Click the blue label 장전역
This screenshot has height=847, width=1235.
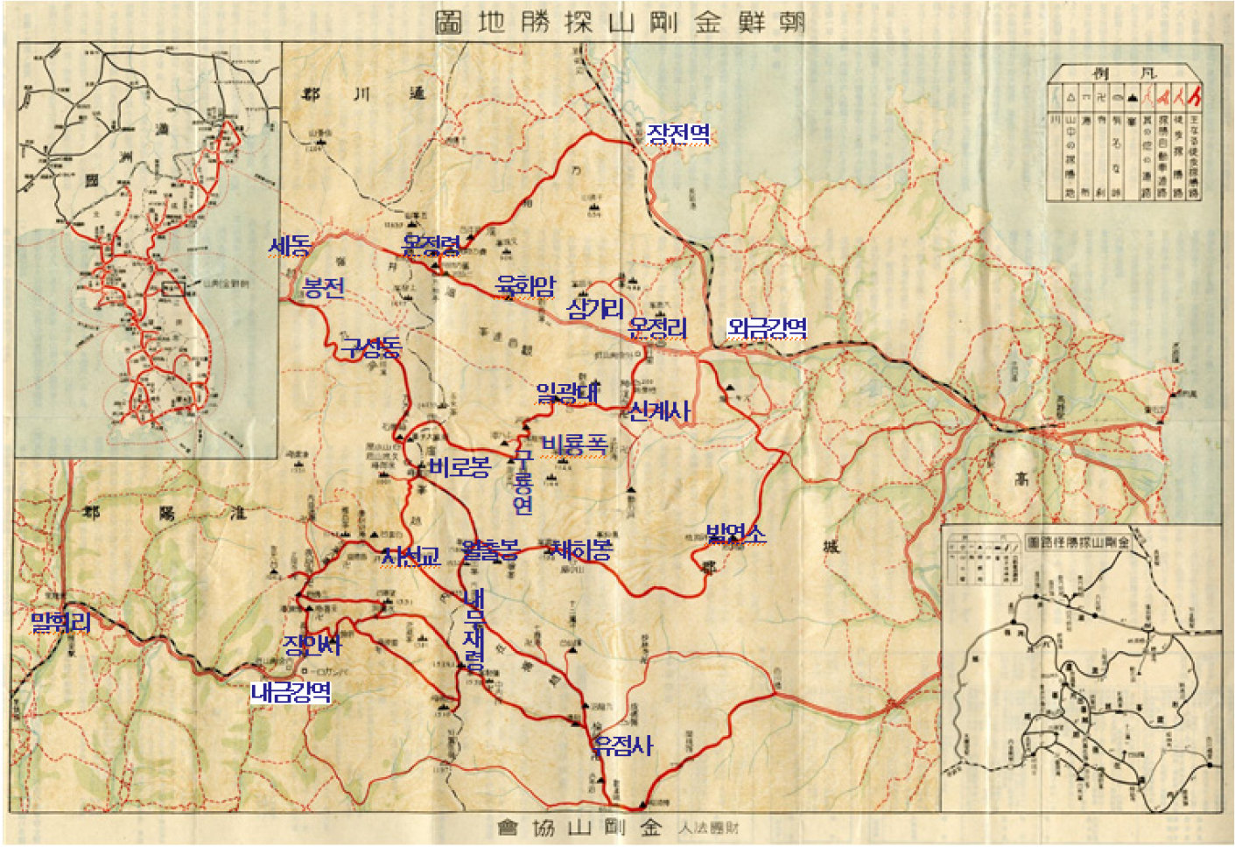pos(678,134)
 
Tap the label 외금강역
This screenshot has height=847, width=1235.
pos(767,328)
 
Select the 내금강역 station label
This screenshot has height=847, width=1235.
pos(291,692)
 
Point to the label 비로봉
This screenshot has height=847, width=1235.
pos(460,467)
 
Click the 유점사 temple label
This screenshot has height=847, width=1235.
pos(622,745)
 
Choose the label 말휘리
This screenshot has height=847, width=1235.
pos(60,622)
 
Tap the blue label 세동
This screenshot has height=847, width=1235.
pos(289,246)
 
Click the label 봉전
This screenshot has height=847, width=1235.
pos(323,288)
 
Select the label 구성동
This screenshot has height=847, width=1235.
pos(371,348)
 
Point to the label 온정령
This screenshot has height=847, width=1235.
pos(431,246)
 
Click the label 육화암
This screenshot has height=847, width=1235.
pos(525,285)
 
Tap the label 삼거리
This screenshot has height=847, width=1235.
pos(595,308)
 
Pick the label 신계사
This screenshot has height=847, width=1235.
pos(659,410)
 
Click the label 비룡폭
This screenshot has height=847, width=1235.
pos(574,444)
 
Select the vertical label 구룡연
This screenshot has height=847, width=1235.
pos(523,481)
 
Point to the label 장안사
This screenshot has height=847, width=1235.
pos(312,645)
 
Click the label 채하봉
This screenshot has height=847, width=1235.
pos(580,549)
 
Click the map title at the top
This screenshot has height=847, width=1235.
pos(620,22)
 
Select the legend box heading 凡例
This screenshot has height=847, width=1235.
pos(1124,73)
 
